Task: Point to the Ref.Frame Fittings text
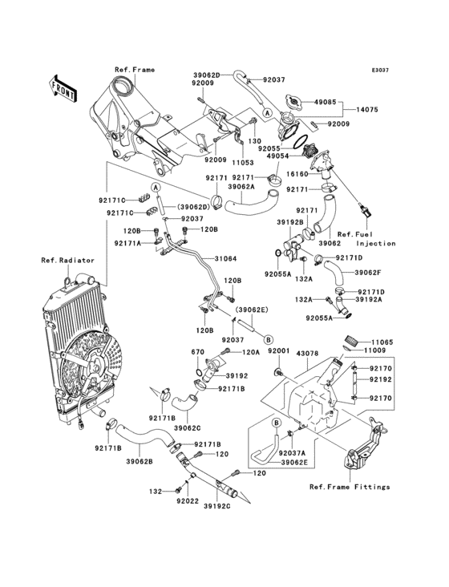pos(350,487)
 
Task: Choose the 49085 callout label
pos(346,103)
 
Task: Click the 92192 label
pos(381,383)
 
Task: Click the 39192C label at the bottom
pos(216,508)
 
